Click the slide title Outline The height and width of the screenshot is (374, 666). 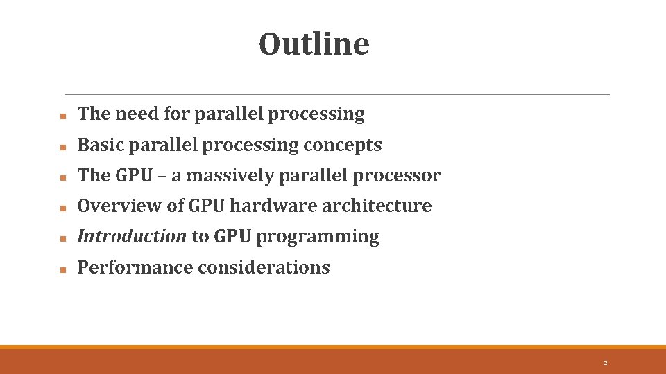click(x=314, y=44)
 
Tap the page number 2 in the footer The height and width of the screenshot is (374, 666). click(x=605, y=363)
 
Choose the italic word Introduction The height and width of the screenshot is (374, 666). click(x=132, y=236)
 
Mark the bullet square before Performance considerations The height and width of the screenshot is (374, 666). click(x=62, y=269)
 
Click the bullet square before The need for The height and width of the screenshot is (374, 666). click(x=62, y=116)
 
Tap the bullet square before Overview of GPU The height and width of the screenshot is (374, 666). click(x=62, y=208)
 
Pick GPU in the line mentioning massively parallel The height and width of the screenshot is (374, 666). click(x=134, y=175)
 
